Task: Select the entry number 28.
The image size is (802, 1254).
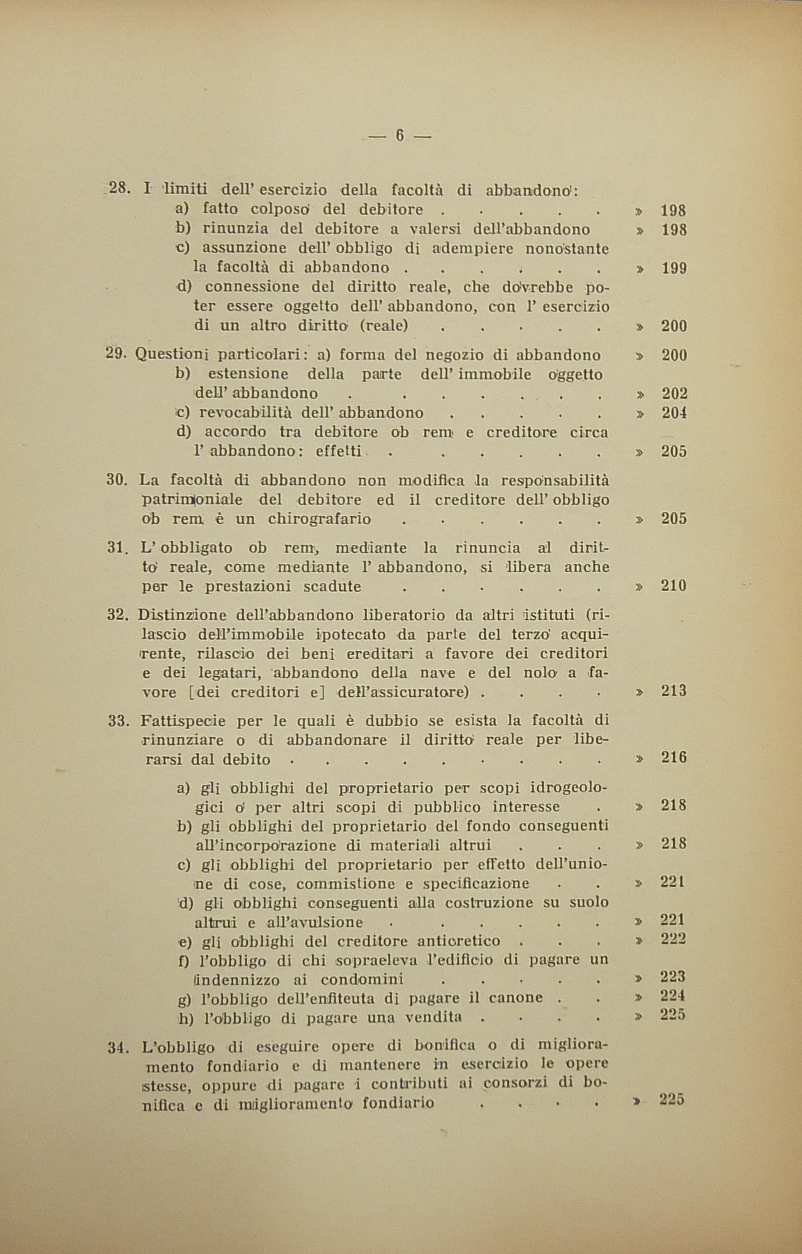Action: [x=119, y=188]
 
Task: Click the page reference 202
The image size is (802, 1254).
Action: [x=674, y=393]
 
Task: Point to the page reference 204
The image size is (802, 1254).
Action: [x=674, y=412]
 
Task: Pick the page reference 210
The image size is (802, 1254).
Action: [x=674, y=586]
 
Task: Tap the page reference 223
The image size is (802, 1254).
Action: [x=672, y=976]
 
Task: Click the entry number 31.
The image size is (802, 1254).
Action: [x=118, y=548]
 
